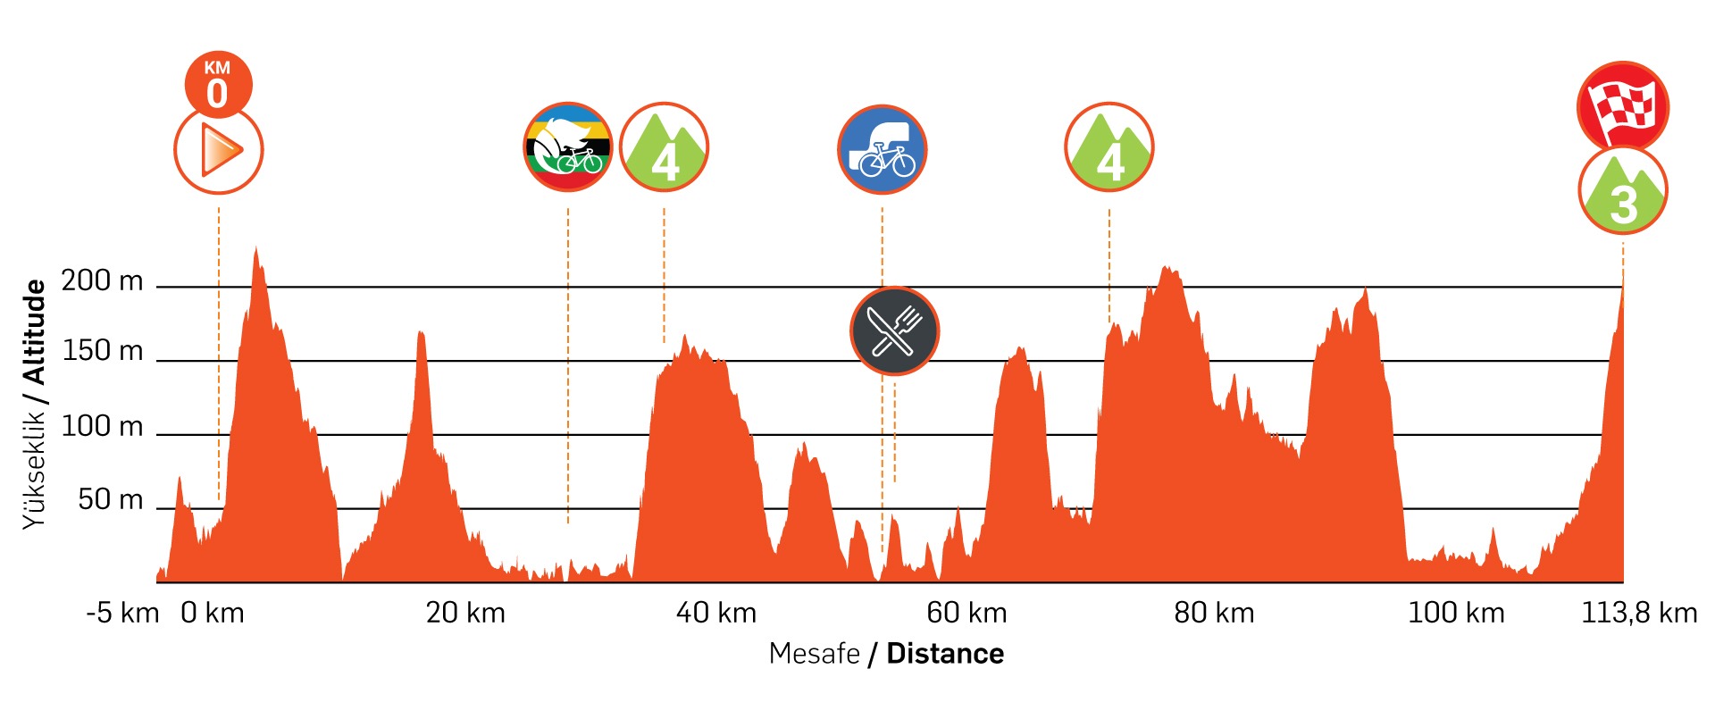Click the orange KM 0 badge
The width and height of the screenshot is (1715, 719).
coord(218,85)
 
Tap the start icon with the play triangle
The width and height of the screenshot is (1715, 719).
coord(218,150)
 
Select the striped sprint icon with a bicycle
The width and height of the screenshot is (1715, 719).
coord(568,147)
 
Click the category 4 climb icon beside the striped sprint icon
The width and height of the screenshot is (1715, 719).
coord(664,147)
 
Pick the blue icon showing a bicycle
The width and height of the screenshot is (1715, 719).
coord(883,149)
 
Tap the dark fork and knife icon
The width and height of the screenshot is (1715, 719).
coord(894,331)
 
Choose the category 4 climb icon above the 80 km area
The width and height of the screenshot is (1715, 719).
coord(1109,147)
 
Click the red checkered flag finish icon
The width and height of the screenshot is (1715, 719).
coord(1623,106)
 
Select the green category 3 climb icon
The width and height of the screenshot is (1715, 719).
coord(1623,191)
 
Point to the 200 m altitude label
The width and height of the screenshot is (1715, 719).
coord(102,281)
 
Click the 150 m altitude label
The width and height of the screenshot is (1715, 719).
coord(102,351)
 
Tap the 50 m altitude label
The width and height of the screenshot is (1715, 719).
coord(110,499)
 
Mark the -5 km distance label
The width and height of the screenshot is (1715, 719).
coord(122,614)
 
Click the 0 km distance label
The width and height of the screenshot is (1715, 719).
coord(213,614)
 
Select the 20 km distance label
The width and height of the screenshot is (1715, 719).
coord(465,614)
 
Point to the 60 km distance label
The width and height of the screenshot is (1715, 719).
coord(966,614)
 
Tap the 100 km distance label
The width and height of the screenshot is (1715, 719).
coord(1456,614)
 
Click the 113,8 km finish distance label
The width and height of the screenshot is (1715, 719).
coord(1639,614)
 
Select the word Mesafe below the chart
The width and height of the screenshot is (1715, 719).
coord(814,654)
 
